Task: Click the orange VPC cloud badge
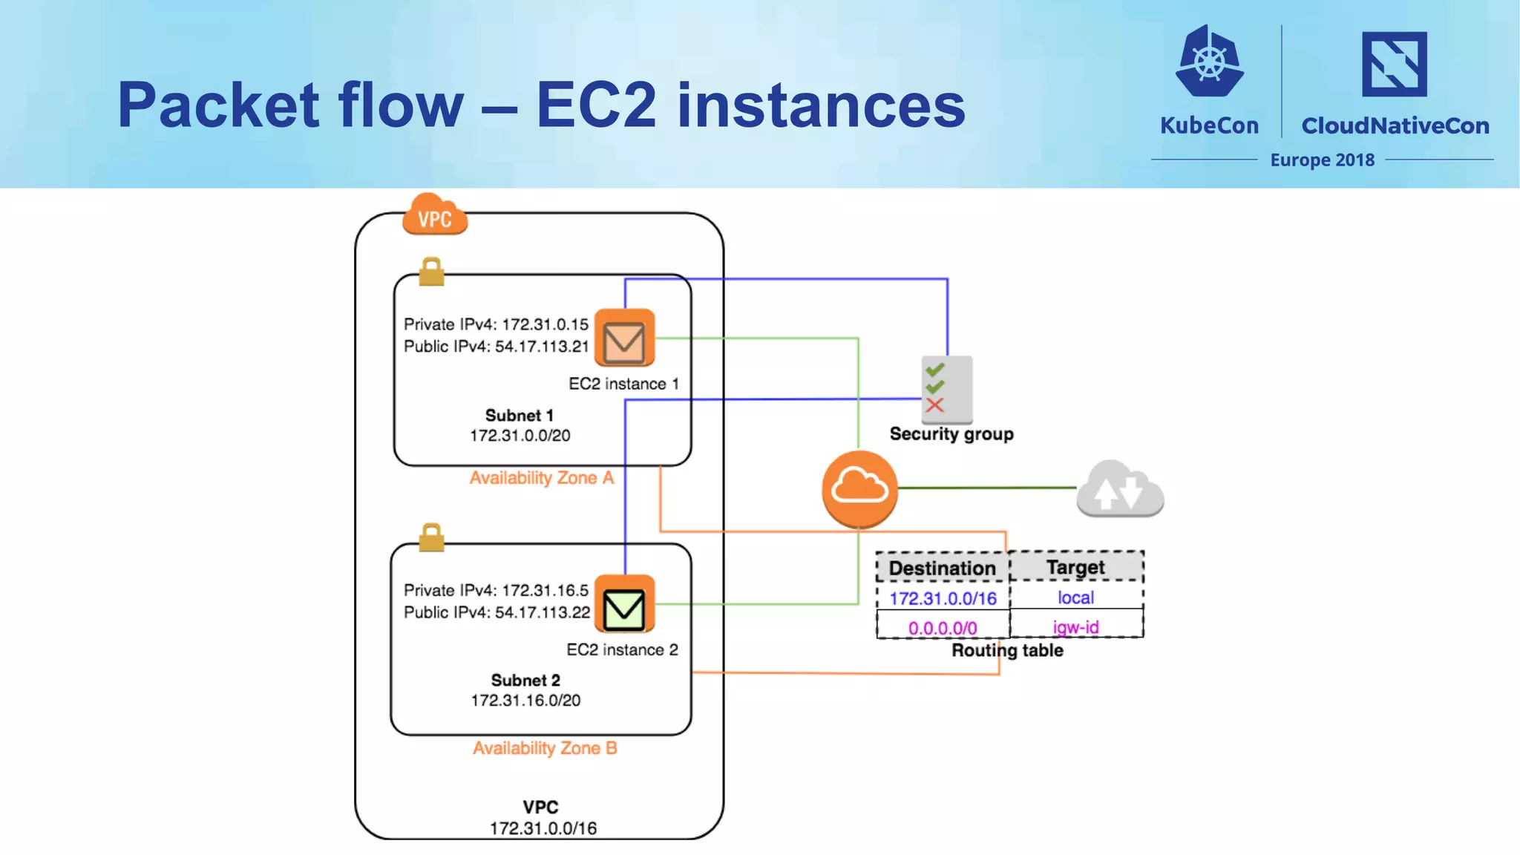tap(435, 215)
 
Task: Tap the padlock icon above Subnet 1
tap(431, 272)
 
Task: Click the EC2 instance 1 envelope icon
tap(624, 338)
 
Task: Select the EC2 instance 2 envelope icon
tap(624, 604)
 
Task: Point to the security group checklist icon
tap(946, 389)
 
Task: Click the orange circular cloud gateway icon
tap(859, 488)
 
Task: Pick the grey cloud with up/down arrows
tap(1120, 489)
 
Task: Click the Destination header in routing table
tap(943, 568)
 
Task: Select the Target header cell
tap(1075, 567)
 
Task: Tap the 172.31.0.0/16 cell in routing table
tap(943, 598)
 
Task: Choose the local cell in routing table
tap(1075, 597)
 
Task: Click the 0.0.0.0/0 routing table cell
tap(943, 628)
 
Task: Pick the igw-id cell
tap(1075, 627)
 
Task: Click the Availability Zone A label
tap(542, 478)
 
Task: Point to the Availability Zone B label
tap(545, 748)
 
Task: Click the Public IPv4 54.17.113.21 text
tap(496, 347)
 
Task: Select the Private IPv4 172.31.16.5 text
tap(496, 590)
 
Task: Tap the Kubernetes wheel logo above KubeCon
tap(1209, 62)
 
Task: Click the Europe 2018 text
tap(1322, 160)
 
